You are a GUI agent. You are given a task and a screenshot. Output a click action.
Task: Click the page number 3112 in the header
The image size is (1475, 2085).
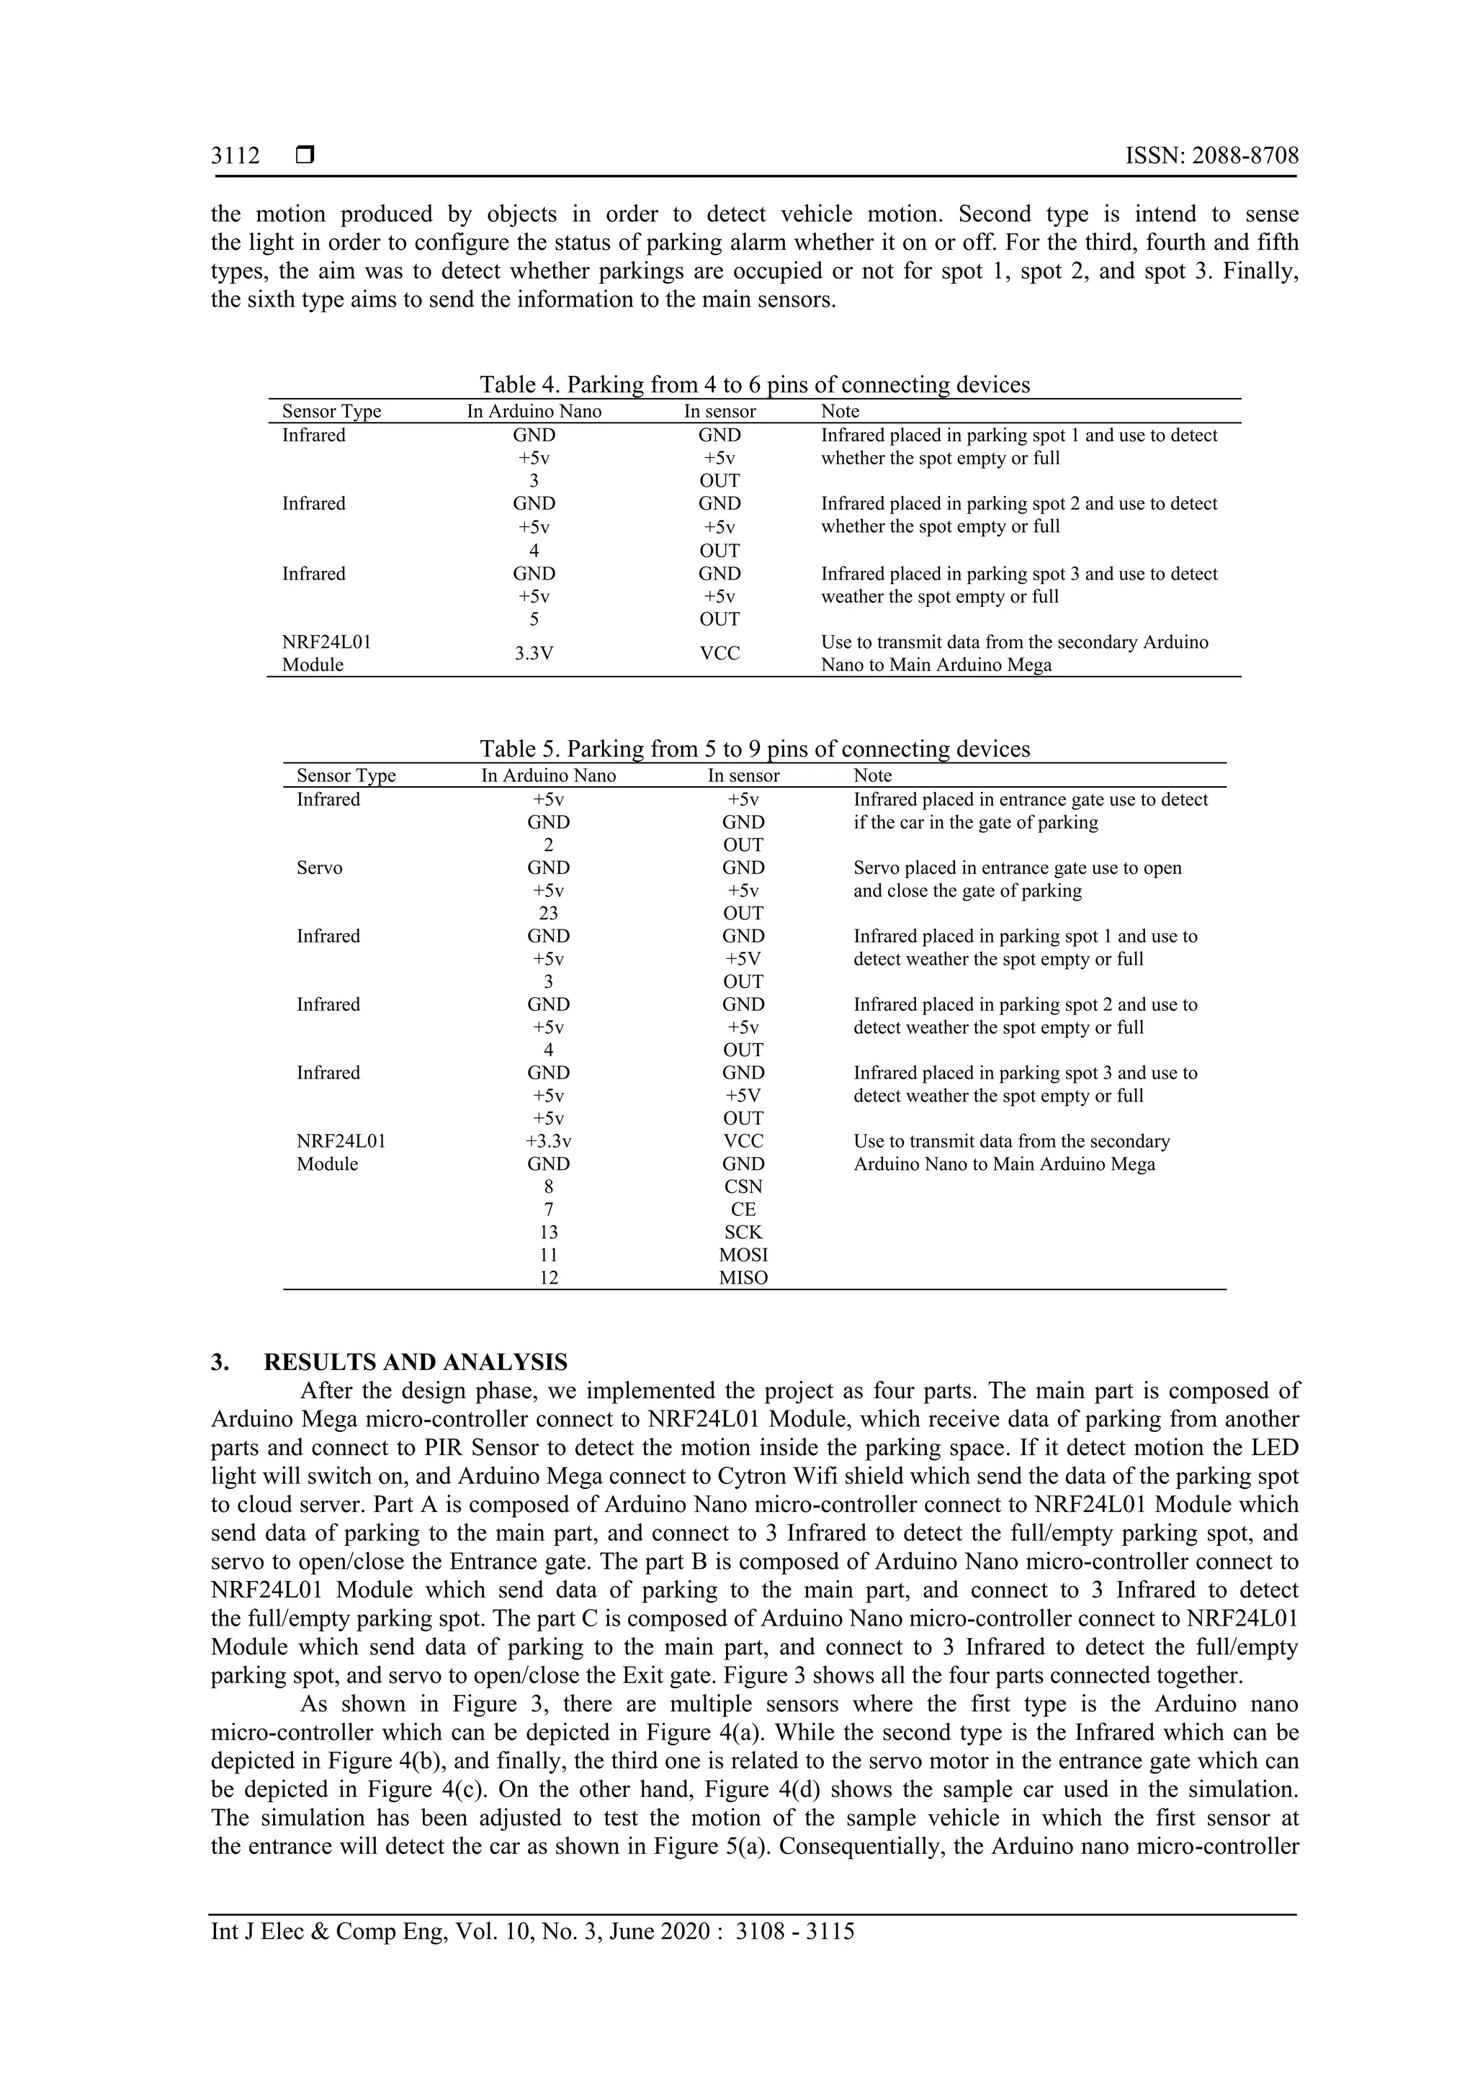[x=236, y=156]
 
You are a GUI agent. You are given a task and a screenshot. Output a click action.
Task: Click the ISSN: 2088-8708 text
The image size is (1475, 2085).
[x=1211, y=156]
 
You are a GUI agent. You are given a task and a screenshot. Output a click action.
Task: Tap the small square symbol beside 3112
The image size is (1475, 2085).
[x=305, y=156]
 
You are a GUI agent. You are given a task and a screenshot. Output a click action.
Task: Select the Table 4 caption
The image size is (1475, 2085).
[x=755, y=384]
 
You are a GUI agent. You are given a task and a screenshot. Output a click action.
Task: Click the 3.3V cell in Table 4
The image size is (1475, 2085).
[x=534, y=653]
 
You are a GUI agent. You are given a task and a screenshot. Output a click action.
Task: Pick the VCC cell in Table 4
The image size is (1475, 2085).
[x=719, y=653]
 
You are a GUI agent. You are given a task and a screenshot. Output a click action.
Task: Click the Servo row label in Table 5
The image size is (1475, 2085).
[x=320, y=868]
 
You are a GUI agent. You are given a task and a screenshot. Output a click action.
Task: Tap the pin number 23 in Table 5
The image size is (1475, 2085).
[x=549, y=913]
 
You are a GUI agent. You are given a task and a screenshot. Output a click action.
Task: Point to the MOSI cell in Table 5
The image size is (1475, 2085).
[x=743, y=1254]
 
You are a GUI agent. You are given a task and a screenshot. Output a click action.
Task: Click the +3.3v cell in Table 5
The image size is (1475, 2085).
[x=549, y=1140]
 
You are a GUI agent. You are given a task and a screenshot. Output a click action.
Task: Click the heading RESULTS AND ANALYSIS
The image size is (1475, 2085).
[x=415, y=1362]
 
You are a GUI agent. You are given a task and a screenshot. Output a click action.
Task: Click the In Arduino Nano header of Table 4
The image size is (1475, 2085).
[x=534, y=411]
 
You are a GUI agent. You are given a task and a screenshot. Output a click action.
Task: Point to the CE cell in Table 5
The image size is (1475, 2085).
[x=743, y=1209]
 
